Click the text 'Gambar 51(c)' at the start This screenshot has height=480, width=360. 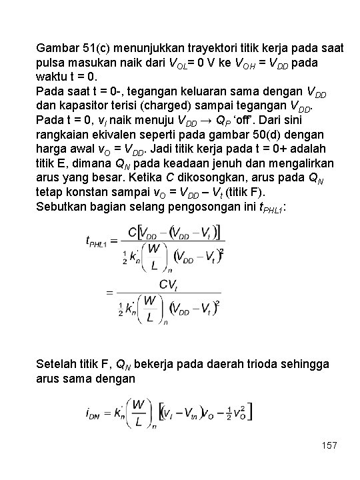click(x=68, y=49)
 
